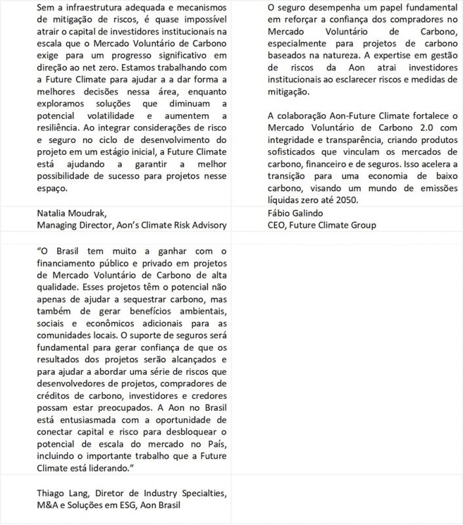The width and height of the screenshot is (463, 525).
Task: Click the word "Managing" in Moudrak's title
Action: pyautogui.click(x=58, y=225)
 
